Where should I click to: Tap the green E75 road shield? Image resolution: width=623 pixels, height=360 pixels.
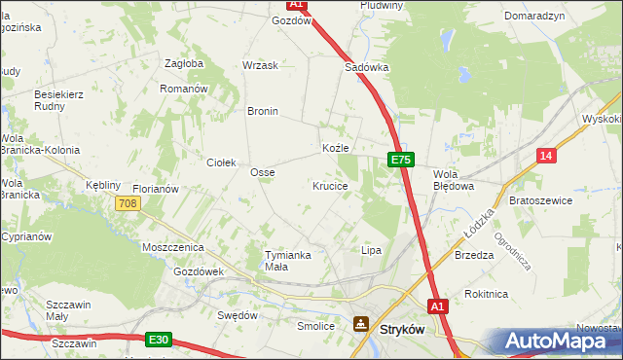click(403, 159)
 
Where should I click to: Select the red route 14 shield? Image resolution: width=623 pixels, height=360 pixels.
click(547, 156)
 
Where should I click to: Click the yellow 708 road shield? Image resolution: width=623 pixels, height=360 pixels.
click(128, 203)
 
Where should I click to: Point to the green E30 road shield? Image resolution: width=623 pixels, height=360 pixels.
click(160, 340)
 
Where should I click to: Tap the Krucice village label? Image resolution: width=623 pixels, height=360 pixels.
click(330, 185)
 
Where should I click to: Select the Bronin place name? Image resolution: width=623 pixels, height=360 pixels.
click(263, 111)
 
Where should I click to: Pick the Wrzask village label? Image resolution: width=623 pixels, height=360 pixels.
click(260, 65)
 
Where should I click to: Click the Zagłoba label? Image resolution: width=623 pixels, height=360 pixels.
click(184, 63)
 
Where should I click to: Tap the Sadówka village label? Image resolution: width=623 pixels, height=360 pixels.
click(367, 68)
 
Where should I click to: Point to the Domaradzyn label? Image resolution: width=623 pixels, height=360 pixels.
click(534, 17)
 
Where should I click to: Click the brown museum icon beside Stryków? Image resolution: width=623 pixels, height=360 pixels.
click(361, 324)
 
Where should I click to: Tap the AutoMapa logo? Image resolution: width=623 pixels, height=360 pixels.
click(559, 341)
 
